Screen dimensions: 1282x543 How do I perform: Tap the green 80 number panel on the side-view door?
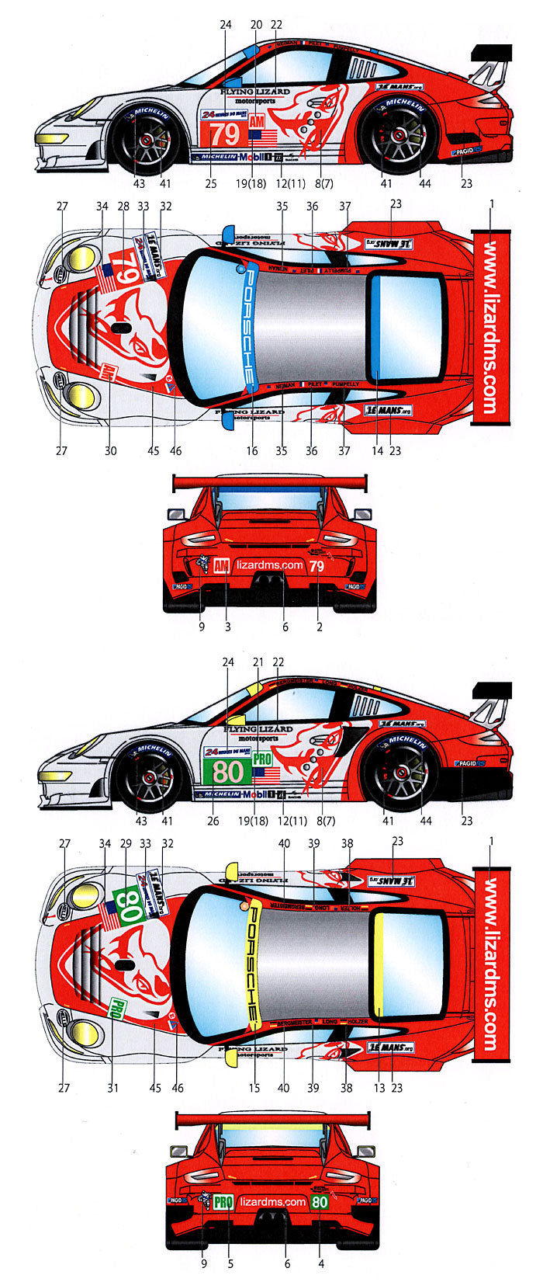(227, 771)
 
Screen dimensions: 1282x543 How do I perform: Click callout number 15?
(254, 1088)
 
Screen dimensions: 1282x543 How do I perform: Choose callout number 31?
(113, 1088)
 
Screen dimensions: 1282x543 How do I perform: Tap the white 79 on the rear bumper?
(316, 567)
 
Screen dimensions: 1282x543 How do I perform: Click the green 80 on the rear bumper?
(319, 1202)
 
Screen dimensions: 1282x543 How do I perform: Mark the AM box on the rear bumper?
(222, 565)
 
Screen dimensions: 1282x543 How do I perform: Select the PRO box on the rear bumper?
(223, 1202)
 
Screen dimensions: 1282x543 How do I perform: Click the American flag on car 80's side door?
(266, 773)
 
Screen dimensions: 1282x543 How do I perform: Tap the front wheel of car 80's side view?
(150, 775)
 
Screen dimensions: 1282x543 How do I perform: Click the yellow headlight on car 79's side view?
(51, 138)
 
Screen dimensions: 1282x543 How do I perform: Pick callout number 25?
(210, 184)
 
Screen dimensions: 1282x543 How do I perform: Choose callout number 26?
(213, 821)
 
